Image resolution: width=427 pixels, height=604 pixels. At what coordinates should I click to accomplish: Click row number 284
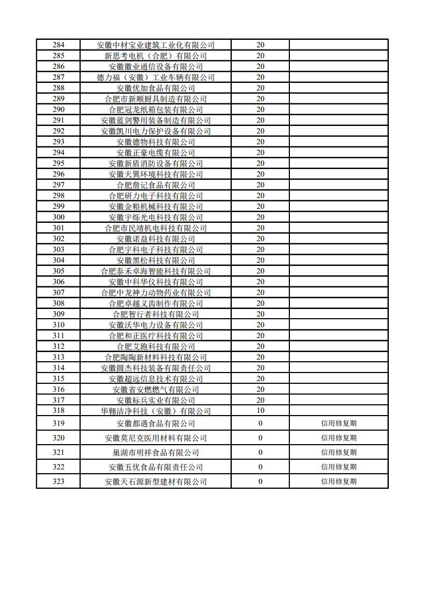coord(59,45)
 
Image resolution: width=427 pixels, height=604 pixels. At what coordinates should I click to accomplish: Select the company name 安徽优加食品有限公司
coord(155,88)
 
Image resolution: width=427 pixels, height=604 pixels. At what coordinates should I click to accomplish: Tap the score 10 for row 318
coord(260,411)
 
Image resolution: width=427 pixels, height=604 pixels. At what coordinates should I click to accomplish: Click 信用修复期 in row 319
coord(338,424)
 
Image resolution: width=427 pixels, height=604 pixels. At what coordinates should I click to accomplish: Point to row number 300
coord(59,217)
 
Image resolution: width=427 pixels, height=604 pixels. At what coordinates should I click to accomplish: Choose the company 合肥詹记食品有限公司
coord(155,185)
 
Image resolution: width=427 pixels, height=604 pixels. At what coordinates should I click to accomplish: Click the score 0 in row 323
coord(260,482)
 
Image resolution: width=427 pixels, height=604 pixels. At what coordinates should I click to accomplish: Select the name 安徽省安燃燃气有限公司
coord(155,390)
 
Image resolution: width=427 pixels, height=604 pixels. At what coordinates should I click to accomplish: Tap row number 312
coord(59,347)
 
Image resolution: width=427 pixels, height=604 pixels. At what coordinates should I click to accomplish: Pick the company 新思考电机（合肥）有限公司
coord(155,56)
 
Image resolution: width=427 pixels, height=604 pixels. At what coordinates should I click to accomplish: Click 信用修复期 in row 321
coord(338,453)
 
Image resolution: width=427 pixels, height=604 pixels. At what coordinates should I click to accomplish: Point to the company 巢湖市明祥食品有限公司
coord(155,453)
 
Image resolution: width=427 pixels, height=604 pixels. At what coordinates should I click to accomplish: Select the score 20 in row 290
coord(260,110)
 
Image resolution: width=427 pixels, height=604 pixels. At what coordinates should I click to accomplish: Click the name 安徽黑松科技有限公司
coord(155,261)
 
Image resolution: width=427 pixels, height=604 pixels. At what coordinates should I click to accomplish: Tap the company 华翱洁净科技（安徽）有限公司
coord(155,411)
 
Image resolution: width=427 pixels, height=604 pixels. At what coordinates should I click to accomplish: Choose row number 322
coord(59,467)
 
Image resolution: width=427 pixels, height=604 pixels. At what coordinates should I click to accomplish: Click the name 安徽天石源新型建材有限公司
coord(155,482)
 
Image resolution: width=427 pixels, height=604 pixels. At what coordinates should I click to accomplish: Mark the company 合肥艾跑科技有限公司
coord(155,347)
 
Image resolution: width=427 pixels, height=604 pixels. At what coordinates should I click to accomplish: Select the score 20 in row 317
coord(260,401)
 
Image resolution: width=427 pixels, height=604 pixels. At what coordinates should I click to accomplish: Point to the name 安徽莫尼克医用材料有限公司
coord(155,438)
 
